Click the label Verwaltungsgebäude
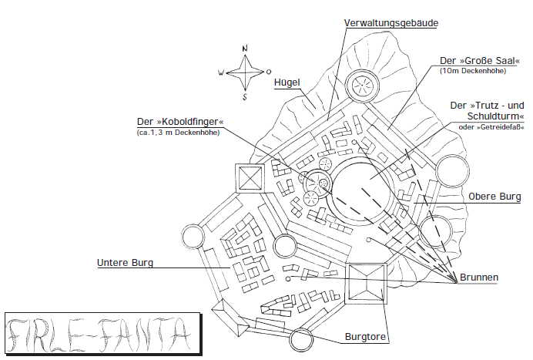click(x=391, y=23)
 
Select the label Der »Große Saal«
click(x=477, y=61)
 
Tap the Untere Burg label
click(x=125, y=263)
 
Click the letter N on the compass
click(x=245, y=49)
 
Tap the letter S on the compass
click(x=245, y=98)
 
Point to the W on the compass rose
click(x=221, y=74)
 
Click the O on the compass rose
click(x=268, y=73)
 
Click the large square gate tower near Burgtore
click(x=367, y=284)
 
